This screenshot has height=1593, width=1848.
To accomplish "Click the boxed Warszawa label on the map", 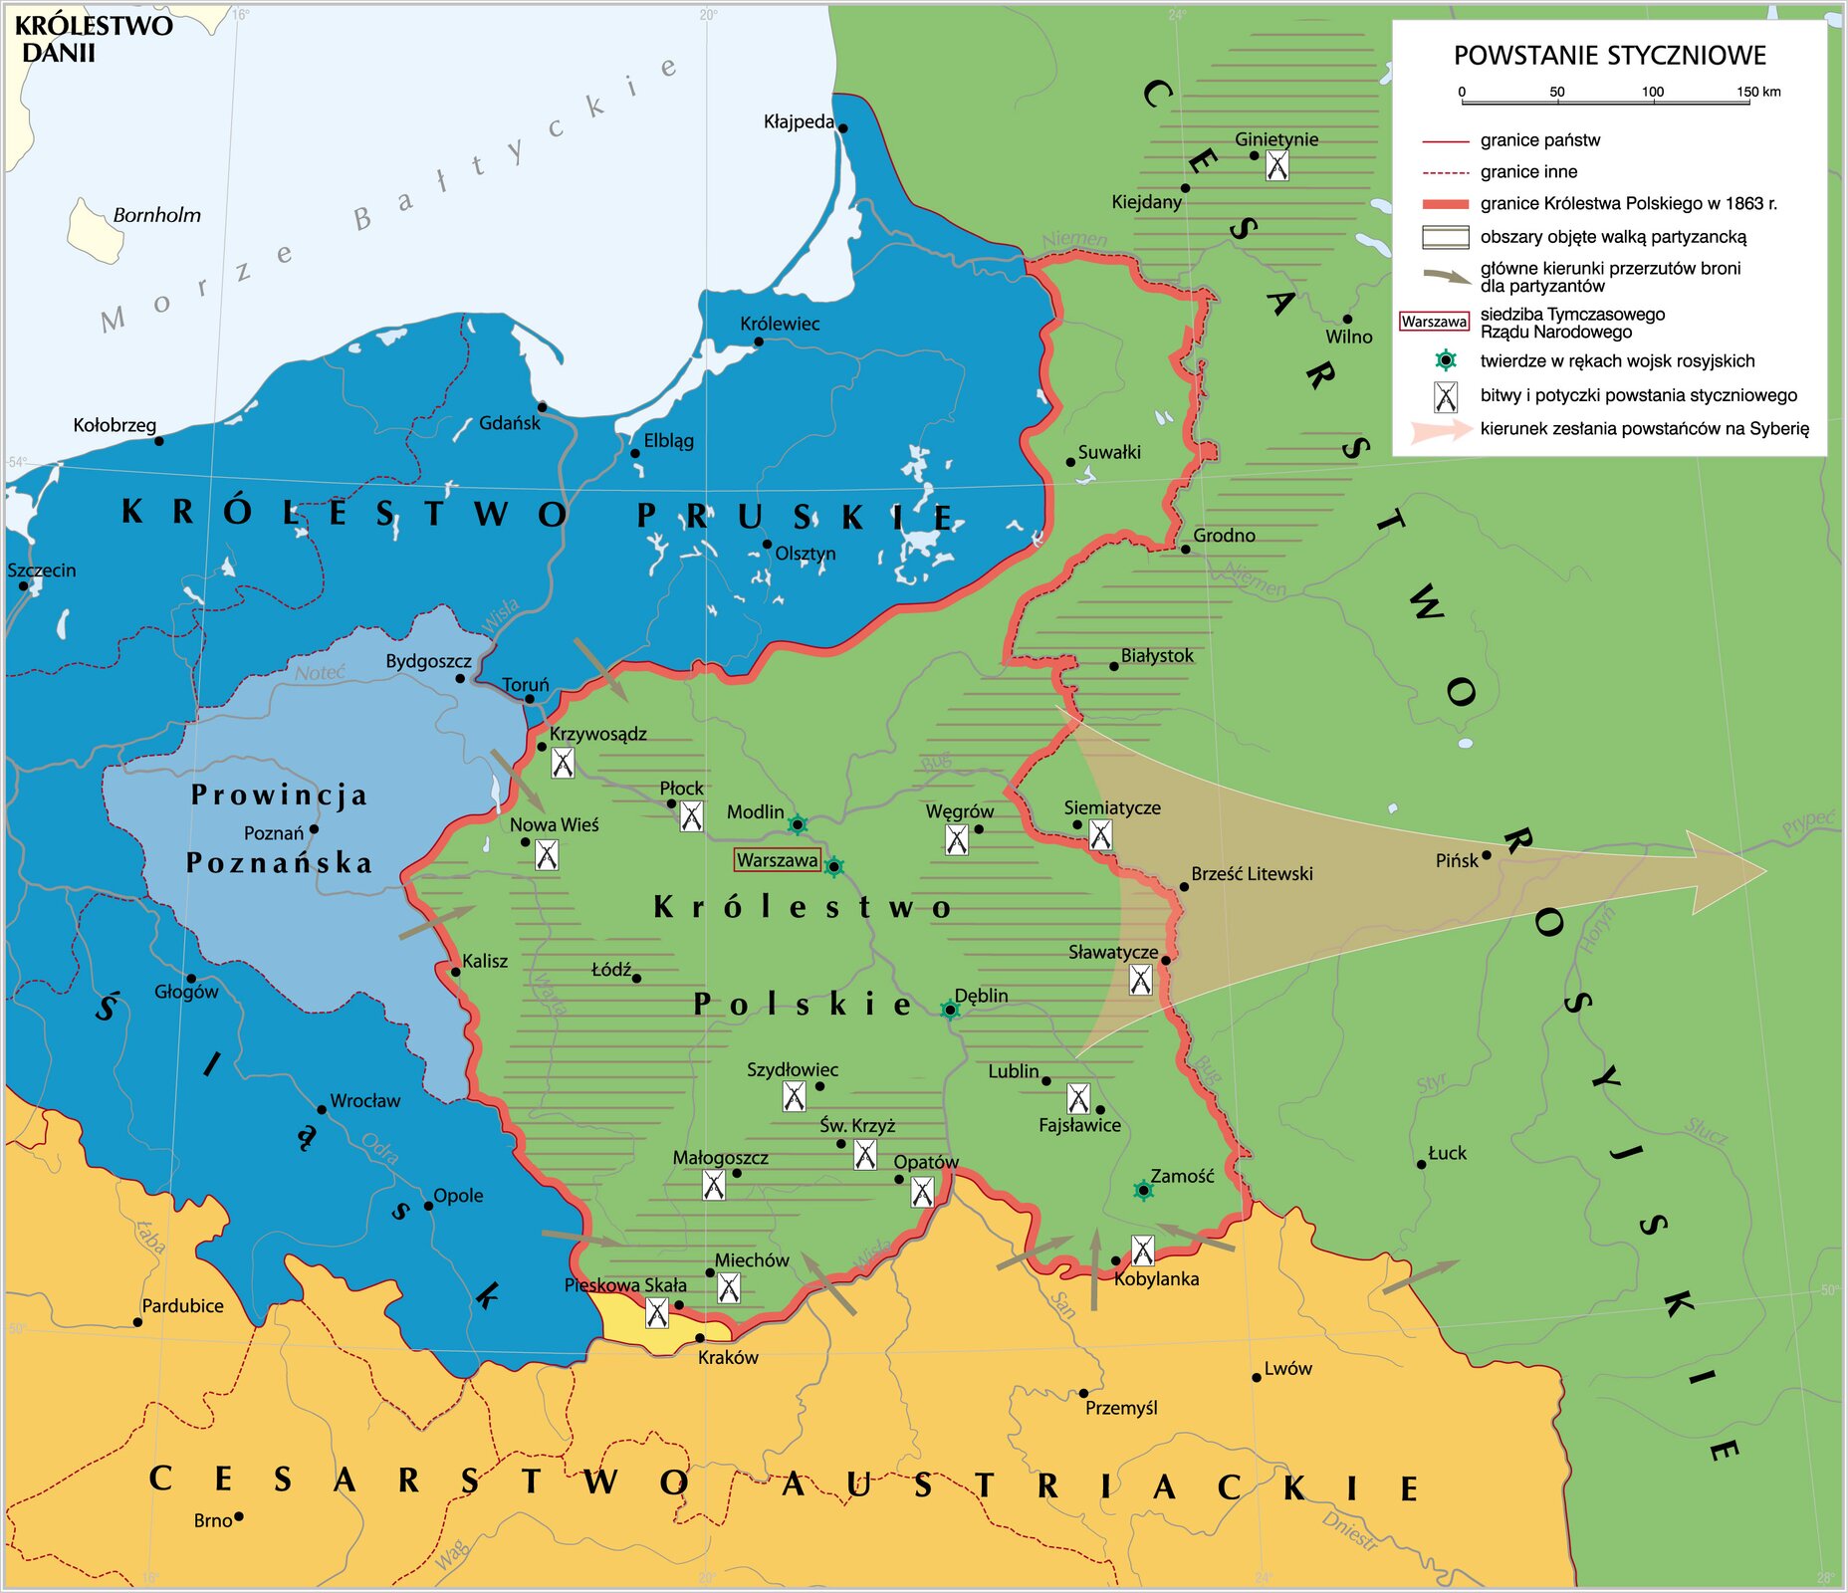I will click(777, 860).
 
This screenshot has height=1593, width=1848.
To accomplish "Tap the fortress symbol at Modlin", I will click(798, 824).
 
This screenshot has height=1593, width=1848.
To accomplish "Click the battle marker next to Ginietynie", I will click(1276, 165).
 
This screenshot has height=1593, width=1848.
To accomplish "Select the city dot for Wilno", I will click(1347, 320).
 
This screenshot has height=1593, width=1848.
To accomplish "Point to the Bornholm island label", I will click(156, 215).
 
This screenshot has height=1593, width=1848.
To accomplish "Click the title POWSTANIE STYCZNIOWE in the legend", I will click(1609, 56).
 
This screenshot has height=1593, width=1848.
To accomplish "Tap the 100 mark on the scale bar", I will click(1653, 93).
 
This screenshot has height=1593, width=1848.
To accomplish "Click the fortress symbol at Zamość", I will click(1144, 1190).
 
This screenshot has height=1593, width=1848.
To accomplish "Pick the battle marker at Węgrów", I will click(956, 839).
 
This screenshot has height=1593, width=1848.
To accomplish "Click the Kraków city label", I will click(728, 1357).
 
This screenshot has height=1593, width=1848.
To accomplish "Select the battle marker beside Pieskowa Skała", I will click(656, 1312).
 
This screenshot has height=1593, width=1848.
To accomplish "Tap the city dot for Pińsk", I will click(1487, 855).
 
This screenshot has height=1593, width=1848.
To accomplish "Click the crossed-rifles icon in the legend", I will click(1446, 397).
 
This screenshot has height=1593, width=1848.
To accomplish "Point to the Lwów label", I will click(1287, 1369).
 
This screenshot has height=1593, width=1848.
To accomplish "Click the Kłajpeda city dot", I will click(842, 128).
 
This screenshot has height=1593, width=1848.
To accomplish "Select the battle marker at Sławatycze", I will click(1141, 980).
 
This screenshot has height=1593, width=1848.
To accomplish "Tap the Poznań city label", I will click(273, 833).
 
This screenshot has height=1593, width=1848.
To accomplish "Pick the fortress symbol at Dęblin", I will click(950, 1011).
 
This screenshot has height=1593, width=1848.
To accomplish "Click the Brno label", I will click(213, 1520).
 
